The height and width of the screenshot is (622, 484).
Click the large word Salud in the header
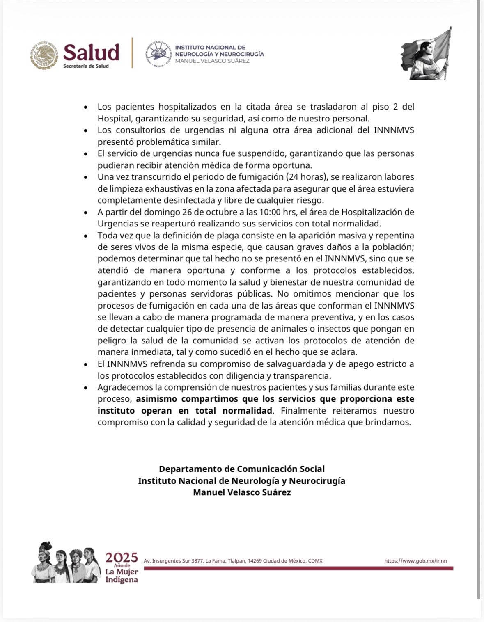point(91,52)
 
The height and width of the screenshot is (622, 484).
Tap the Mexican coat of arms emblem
point(44,55)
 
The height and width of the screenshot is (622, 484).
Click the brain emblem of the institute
point(158,55)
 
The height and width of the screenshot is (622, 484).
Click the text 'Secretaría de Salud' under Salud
point(86,66)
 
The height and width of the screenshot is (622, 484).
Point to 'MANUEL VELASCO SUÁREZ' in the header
point(212,61)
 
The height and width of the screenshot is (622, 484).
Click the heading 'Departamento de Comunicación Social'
point(242,469)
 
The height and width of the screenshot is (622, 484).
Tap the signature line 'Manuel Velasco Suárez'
point(242,492)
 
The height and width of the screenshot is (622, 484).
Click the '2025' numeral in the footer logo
point(122,557)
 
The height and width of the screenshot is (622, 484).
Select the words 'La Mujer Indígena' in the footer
point(122,576)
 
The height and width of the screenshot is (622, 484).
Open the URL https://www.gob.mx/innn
point(415,561)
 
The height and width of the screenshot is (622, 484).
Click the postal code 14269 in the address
point(255,561)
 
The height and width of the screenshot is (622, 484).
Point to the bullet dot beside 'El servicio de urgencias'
point(85,154)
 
